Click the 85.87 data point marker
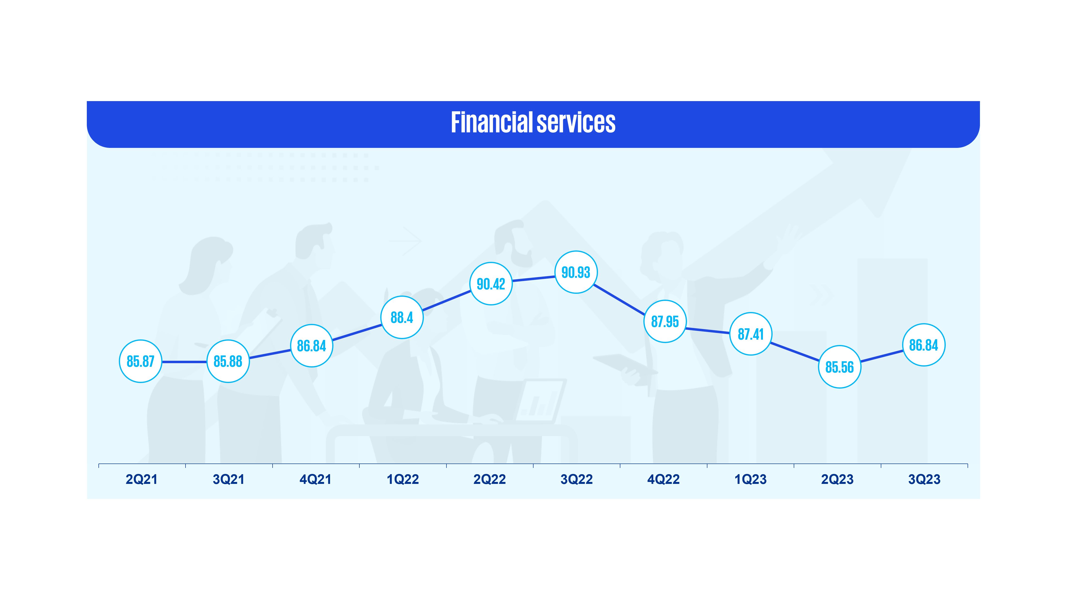pos(140,361)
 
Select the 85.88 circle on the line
pos(228,361)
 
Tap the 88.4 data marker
pos(402,317)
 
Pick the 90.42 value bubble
pos(491,284)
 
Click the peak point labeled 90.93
pos(576,272)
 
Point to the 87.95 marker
pos(665,321)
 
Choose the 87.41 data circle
pos(751,334)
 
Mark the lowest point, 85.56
pos(840,367)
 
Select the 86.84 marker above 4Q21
pos(311,346)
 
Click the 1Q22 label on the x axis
pos(403,480)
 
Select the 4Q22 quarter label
pos(663,480)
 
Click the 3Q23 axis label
pos(924,480)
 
